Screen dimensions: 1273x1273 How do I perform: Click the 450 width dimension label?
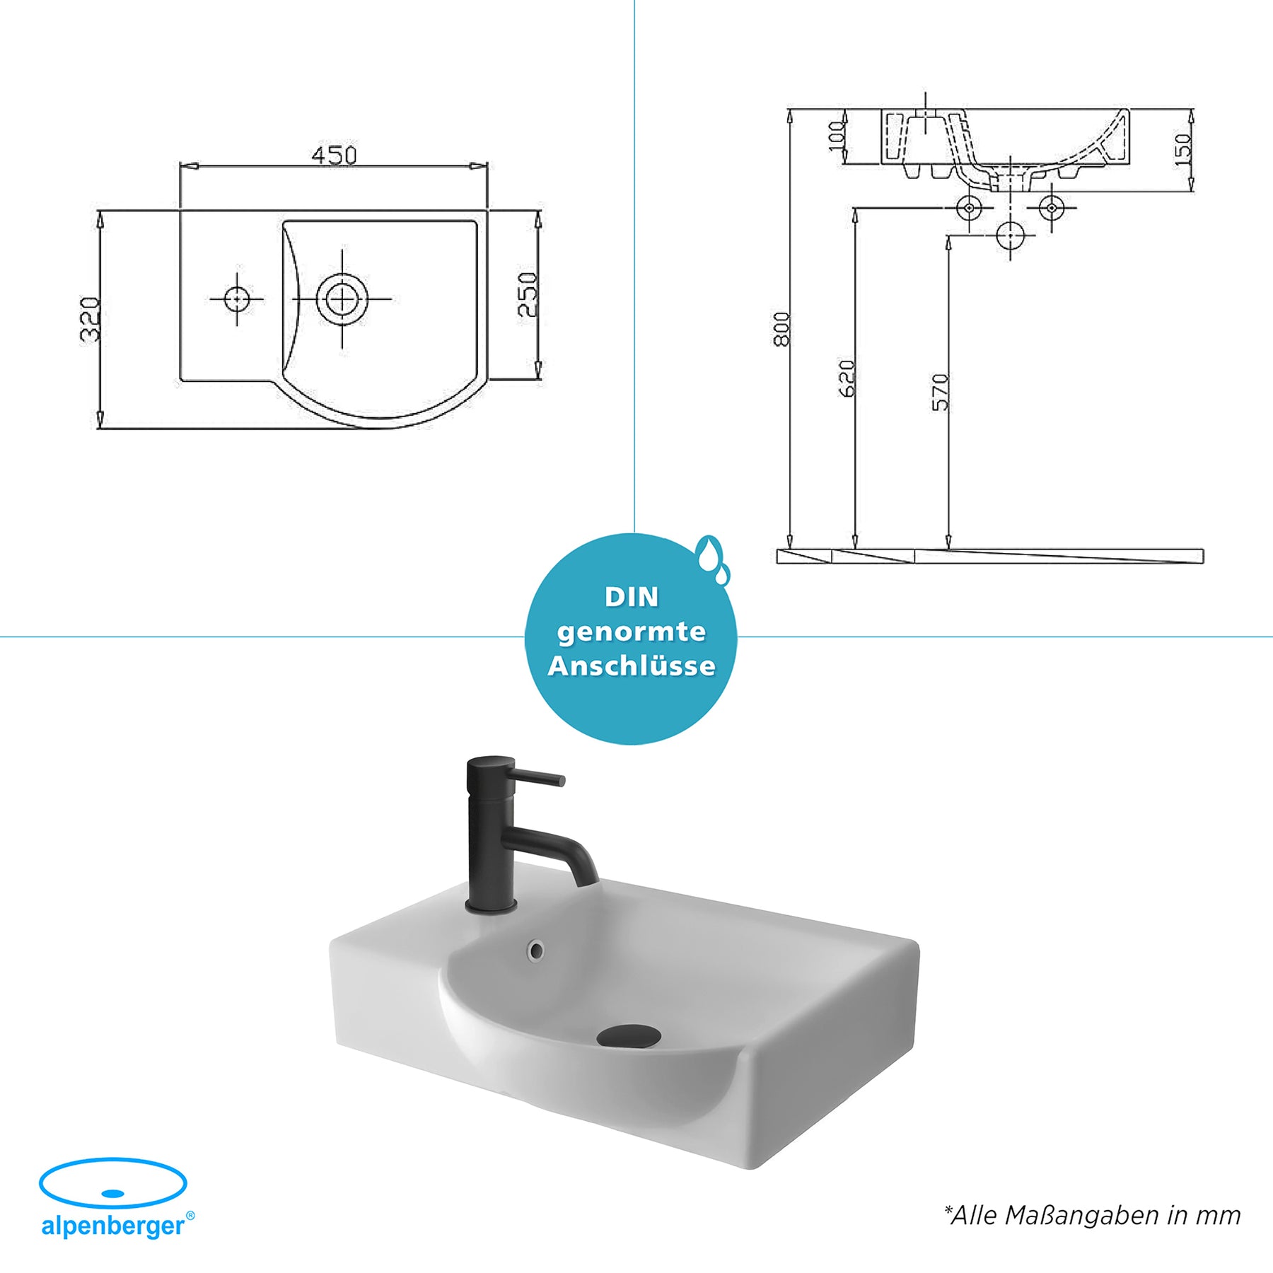coord(334,155)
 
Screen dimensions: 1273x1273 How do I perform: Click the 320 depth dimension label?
coord(90,320)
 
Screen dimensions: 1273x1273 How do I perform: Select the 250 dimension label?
coord(528,294)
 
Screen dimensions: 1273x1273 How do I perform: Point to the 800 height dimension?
coord(781,329)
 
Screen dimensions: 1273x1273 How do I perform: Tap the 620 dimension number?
coord(847,379)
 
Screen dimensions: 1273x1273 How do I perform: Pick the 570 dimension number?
coord(940,393)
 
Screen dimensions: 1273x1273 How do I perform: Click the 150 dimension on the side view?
coord(1182,150)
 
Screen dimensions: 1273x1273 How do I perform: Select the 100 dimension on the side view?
coord(837,136)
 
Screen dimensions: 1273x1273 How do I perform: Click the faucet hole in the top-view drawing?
coord(236,299)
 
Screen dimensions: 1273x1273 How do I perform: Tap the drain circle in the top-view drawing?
coord(342,299)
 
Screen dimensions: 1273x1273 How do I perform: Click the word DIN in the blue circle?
coord(632,597)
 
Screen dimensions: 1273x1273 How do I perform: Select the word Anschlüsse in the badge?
coord(632,666)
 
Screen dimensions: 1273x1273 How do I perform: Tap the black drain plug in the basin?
coord(628,1037)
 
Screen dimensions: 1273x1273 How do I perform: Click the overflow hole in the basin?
coord(536,951)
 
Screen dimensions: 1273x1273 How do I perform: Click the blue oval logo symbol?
coord(113,1182)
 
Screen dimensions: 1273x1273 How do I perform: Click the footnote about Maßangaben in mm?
coord(1092,1216)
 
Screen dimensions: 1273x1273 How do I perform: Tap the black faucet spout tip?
coord(586,879)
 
